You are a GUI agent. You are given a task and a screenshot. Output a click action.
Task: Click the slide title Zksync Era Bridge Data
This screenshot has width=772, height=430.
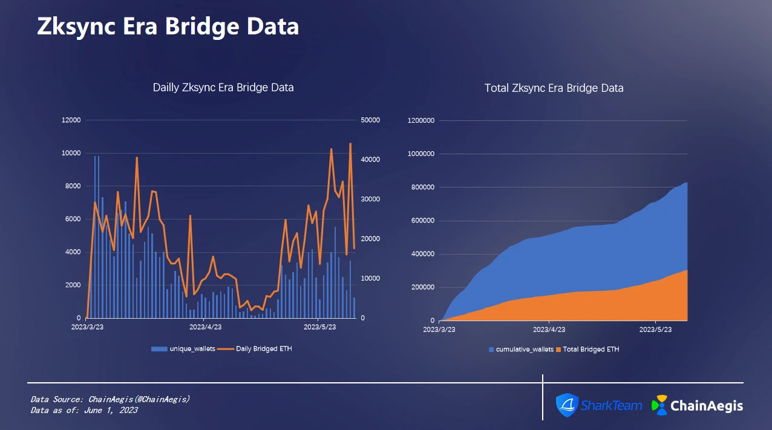click(168, 27)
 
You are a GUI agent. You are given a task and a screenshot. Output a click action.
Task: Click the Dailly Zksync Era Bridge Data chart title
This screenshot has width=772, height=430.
click(223, 88)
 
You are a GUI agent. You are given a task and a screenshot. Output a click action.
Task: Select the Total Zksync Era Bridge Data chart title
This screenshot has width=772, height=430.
click(554, 88)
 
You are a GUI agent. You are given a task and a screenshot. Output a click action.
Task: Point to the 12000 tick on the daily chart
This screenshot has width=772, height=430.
click(71, 120)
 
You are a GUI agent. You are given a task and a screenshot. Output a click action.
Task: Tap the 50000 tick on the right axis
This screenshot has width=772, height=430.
click(370, 120)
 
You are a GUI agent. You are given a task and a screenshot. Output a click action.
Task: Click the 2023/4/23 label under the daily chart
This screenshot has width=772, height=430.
click(206, 327)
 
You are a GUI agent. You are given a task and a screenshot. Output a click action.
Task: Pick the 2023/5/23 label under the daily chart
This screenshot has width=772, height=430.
click(319, 327)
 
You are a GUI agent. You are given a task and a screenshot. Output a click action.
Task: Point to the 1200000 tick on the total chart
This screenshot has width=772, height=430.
click(422, 120)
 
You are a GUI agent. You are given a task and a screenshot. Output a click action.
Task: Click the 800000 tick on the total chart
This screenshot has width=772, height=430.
click(424, 187)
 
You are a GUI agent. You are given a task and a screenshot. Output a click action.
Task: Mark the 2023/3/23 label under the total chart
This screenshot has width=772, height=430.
click(439, 330)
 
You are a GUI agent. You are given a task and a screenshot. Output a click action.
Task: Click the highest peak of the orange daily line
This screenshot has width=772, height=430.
click(350, 144)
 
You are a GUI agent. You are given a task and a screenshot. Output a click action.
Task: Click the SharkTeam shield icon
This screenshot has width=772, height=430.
click(568, 405)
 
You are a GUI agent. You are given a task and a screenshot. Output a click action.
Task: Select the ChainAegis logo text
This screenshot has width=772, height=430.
click(707, 405)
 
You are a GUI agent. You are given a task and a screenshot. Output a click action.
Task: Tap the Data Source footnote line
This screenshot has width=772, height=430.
click(110, 399)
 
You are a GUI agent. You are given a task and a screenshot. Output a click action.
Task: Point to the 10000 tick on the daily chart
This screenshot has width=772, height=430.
click(71, 153)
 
